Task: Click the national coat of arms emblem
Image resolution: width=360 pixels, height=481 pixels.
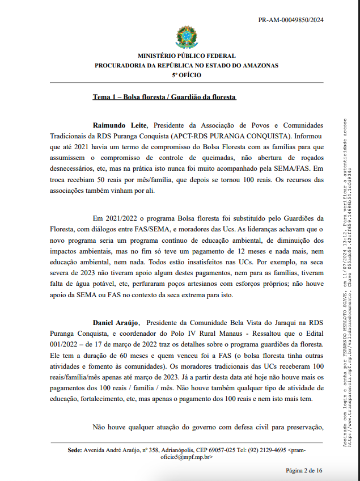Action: (x=186, y=37)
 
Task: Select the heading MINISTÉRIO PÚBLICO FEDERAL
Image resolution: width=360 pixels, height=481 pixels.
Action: (x=186, y=56)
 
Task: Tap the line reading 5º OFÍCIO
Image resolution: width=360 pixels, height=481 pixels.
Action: (x=186, y=74)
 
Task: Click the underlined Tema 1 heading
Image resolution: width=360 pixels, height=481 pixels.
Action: (x=164, y=97)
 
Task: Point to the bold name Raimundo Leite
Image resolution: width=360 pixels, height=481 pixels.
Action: (x=120, y=125)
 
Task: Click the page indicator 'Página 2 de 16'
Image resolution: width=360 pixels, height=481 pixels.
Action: (x=304, y=470)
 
